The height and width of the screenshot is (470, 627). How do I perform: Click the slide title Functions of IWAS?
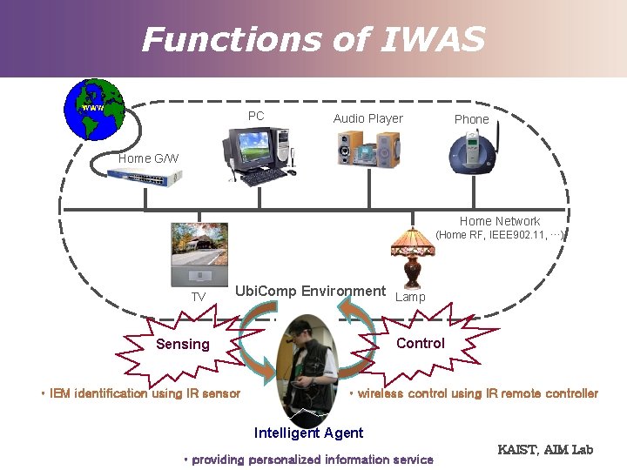tap(313, 39)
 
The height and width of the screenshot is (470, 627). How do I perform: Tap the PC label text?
tap(256, 116)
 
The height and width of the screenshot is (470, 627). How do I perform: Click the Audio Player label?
tap(367, 118)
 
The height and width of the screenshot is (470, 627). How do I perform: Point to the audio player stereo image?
tap(369, 148)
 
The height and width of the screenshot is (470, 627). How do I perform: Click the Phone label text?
tap(471, 119)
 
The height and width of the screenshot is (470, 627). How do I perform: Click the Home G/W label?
tap(148, 158)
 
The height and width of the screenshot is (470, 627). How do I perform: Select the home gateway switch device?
tap(145, 178)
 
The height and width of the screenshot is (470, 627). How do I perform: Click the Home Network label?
tap(499, 221)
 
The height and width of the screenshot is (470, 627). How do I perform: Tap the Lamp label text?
tap(410, 297)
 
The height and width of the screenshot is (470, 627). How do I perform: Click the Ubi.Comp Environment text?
tap(310, 291)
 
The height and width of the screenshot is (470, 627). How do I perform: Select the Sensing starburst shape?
tap(183, 345)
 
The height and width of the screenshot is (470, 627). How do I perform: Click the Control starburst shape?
tap(420, 343)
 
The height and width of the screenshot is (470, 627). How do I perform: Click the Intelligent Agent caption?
tap(308, 433)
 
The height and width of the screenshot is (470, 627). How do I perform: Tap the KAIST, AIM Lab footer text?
tap(544, 449)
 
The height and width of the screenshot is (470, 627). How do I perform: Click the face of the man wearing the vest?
tap(298, 337)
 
